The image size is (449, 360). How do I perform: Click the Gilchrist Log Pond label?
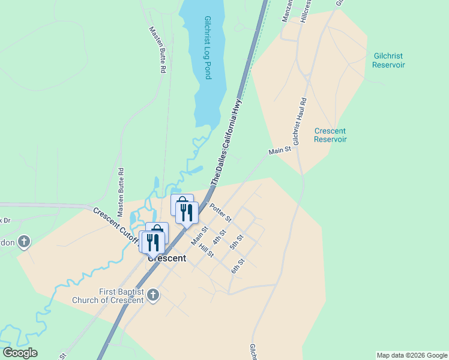[208, 48]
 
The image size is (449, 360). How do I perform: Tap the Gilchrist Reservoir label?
[388, 60]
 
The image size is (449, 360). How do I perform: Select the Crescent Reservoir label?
[330, 135]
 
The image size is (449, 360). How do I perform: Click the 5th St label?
[236, 242]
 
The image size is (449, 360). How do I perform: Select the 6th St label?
[238, 266]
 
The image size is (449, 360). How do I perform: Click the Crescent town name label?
[167, 259]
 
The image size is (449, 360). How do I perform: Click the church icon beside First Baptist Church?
[153, 295]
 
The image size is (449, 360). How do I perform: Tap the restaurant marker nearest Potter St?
[187, 212]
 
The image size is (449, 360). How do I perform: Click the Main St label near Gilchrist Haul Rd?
[280, 150]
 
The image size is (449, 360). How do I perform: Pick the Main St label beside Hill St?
[199, 235]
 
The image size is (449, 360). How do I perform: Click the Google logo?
[20, 353]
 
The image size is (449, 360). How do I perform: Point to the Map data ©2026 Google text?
[411, 355]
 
